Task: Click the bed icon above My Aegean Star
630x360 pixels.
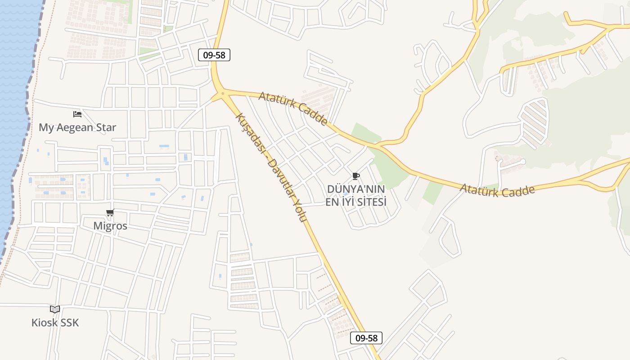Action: coord(77,114)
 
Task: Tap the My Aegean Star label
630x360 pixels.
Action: coord(77,127)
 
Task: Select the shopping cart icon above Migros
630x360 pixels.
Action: coord(110,213)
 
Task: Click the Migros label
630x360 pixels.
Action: coord(110,225)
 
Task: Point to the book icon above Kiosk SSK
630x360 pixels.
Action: coord(55,309)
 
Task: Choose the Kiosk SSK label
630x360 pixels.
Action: coord(55,323)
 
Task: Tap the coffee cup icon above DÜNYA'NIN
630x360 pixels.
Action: coord(356,176)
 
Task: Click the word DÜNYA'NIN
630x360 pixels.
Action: coord(356,189)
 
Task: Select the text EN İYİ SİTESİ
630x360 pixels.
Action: coord(356,202)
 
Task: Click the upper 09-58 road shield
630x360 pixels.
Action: coord(214,55)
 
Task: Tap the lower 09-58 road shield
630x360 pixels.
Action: coord(366,338)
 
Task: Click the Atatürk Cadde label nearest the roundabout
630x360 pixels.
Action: coord(293,108)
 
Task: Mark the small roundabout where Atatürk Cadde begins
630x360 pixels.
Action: coord(222,94)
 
